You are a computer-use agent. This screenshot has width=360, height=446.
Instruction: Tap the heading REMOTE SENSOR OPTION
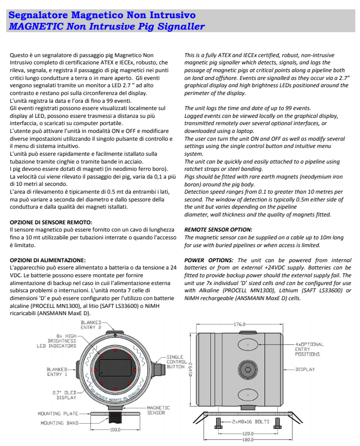tap(218, 229)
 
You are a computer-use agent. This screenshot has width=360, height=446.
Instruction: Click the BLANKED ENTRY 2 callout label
tap(91, 325)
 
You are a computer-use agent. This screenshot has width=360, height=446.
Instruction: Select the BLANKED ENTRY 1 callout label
tap(58, 372)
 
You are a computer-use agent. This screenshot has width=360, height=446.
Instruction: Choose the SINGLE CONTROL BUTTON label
tap(176, 362)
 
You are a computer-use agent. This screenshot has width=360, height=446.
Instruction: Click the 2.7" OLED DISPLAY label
tap(64, 395)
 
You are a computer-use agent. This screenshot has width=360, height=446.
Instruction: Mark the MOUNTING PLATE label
tap(56, 414)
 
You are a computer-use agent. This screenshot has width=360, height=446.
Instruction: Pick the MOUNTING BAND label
tap(59, 423)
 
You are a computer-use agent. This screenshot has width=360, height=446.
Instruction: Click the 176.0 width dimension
tap(239, 324)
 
